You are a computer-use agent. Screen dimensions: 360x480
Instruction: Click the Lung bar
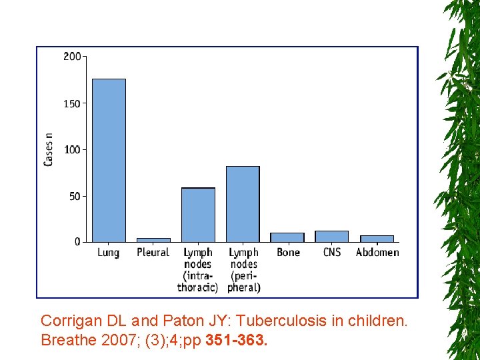tap(109, 160)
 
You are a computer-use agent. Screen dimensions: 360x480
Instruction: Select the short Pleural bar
tap(153, 239)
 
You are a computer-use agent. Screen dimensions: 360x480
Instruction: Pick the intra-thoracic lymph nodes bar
tap(198, 215)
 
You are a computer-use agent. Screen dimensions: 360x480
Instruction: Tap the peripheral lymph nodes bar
tap(243, 203)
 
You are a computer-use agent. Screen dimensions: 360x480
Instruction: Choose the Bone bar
tap(287, 237)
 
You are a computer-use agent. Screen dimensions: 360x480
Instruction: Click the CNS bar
tap(331, 236)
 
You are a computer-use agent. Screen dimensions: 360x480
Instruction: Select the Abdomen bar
tap(377, 238)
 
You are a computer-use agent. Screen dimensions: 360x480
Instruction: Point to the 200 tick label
tap(72, 57)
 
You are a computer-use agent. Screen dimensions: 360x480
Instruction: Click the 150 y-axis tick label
tap(72, 103)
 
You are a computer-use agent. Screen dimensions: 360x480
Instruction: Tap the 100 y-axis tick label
tap(72, 149)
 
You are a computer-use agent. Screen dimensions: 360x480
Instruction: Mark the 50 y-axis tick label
tap(74, 196)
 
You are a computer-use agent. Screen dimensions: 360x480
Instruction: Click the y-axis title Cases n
tap(49, 149)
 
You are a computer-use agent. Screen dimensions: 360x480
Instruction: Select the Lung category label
tap(109, 253)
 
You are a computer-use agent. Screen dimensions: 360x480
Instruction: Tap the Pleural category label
tap(153, 253)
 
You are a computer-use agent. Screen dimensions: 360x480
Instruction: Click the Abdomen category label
tap(377, 253)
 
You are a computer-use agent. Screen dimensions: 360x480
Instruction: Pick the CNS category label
tap(331, 253)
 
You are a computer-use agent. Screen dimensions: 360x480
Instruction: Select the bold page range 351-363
tap(237, 341)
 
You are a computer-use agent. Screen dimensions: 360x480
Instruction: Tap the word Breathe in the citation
tap(67, 341)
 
